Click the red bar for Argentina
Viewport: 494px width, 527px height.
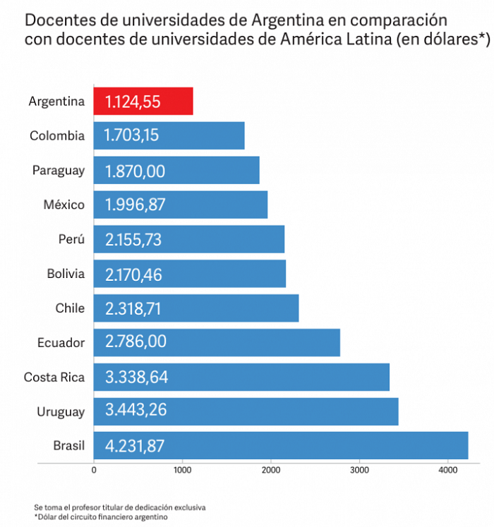point(143,101)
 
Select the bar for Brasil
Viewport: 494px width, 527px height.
point(281,446)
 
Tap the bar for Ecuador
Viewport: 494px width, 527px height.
point(217,342)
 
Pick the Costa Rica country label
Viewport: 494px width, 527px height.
point(54,377)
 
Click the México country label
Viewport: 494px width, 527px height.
point(64,205)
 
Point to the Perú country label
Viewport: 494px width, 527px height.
point(71,239)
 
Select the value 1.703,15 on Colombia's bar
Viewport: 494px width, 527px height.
point(131,135)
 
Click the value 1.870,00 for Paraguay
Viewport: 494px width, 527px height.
point(135,171)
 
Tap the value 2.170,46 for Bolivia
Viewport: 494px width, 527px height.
point(133,274)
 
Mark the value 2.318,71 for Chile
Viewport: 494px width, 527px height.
point(133,309)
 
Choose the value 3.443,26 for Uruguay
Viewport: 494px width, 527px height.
point(136,410)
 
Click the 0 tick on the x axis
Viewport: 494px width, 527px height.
point(94,470)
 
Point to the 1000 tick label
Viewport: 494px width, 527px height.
point(183,470)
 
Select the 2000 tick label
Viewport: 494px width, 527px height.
point(271,470)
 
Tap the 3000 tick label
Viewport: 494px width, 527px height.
point(359,470)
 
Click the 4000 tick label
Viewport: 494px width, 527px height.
point(448,470)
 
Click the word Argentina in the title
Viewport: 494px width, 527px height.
point(287,20)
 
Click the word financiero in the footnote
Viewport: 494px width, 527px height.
point(127,516)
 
